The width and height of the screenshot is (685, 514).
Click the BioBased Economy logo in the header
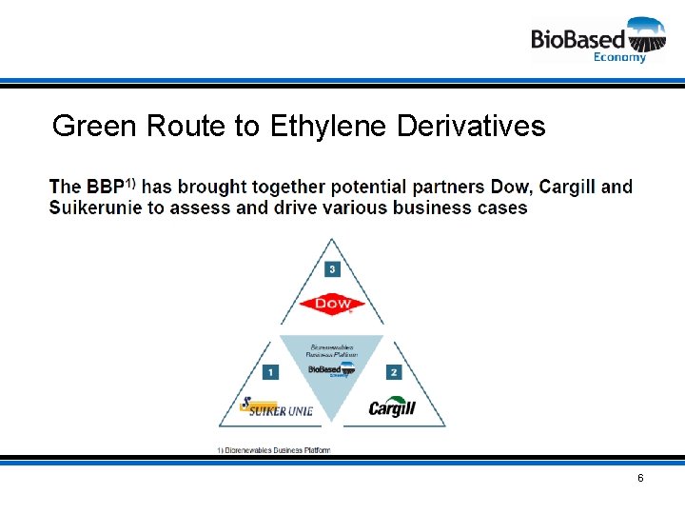[x=597, y=39]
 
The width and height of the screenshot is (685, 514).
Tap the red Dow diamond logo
[x=331, y=306]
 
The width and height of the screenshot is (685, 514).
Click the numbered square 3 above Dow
[x=331, y=269]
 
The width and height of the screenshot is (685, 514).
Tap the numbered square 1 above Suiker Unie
[x=271, y=372]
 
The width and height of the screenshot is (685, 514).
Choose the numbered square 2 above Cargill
[x=394, y=372]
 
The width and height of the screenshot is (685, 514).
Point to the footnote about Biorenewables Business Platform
[x=274, y=449]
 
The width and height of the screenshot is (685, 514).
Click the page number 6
[x=640, y=478]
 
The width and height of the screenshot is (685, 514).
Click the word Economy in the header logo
[x=619, y=57]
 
